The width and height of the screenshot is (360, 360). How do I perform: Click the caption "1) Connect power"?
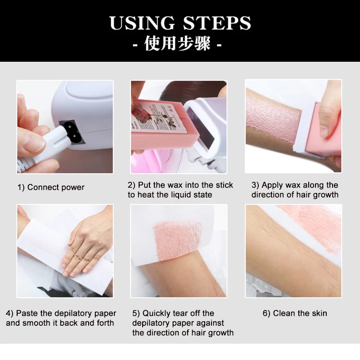51,187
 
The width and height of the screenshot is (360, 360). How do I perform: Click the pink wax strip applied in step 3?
274,121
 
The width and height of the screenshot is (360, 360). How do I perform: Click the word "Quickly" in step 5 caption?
158,313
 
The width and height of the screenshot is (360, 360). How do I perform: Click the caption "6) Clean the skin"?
295,313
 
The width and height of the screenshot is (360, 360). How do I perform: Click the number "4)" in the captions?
10,313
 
